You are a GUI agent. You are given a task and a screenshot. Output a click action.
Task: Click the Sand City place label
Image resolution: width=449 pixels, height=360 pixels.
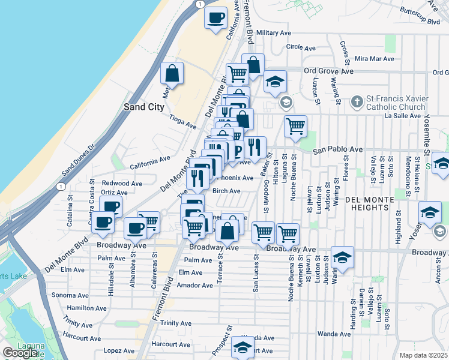click(x=143, y=107)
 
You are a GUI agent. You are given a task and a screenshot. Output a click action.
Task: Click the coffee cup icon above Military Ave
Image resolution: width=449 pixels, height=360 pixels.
click(x=215, y=18)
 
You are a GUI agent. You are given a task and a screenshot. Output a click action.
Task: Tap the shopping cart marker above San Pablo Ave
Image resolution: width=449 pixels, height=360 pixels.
click(x=295, y=127)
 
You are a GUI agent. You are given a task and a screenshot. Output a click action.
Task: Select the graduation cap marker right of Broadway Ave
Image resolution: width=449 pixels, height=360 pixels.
click(x=342, y=258)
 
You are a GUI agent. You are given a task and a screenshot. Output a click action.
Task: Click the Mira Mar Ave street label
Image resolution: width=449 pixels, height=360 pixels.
click(x=374, y=59)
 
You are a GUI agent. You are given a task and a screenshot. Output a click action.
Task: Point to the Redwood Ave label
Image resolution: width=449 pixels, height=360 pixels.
click(x=122, y=183)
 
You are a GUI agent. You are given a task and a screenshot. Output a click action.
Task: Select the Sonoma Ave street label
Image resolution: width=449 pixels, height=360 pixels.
click(x=70, y=295)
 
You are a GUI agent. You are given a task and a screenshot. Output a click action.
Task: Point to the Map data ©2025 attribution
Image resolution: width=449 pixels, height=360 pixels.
click(x=423, y=355)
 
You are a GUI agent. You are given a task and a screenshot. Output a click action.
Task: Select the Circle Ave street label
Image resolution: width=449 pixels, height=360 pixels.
click(x=301, y=47)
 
